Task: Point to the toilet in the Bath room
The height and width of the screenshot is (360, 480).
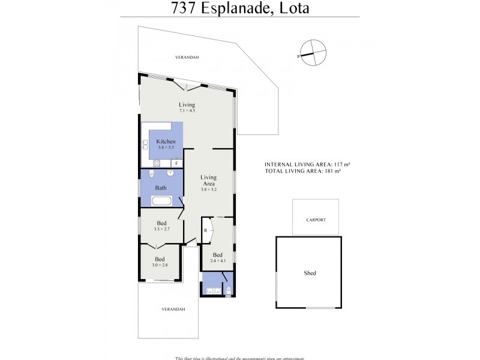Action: coord(151,174)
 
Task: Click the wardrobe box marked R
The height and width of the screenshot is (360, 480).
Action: coord(205,230)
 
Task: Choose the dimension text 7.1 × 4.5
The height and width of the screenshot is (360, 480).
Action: coord(187,110)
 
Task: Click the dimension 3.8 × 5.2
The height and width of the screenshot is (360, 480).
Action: coord(208,189)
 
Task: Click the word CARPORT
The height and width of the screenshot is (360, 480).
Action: coord(316,220)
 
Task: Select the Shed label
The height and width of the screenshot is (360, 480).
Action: coord(310,273)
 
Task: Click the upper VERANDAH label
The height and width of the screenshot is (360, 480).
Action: coord(187,57)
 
